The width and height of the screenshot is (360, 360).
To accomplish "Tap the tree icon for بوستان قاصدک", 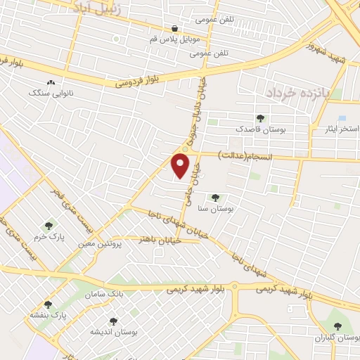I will [x=261, y=118].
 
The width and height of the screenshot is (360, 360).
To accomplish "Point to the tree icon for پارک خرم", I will [x=49, y=226].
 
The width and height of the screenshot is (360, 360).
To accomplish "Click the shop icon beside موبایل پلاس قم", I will [x=174, y=28].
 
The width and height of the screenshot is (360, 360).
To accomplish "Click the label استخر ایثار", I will [x=336, y=129].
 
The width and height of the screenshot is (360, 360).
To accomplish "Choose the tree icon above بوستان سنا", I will [x=215, y=198].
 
